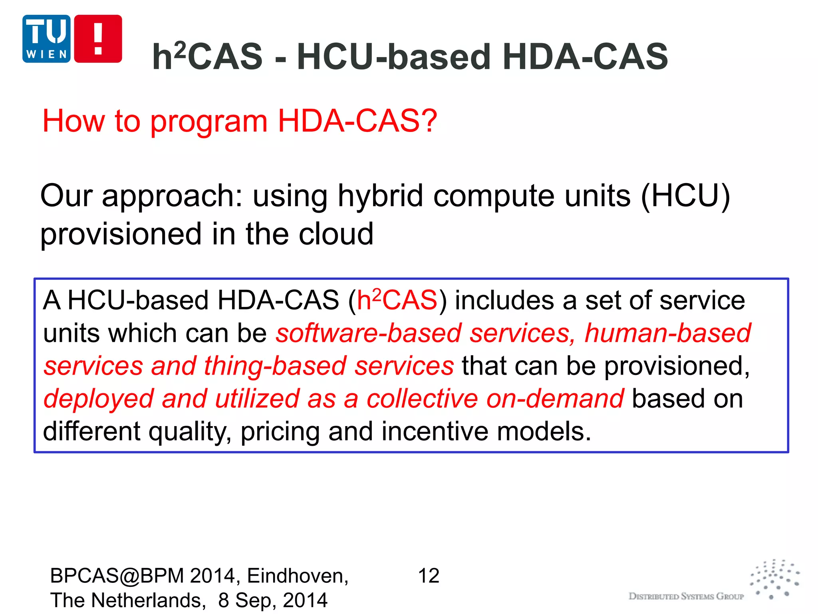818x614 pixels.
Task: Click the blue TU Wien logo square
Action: point(46,39)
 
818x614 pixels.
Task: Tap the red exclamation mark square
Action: point(98,39)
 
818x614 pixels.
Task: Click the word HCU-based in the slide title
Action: point(393,56)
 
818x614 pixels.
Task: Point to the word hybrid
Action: point(380,195)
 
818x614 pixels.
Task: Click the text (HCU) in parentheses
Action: point(685,195)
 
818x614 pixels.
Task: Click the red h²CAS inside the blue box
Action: point(397,300)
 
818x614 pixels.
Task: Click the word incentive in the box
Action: point(435,431)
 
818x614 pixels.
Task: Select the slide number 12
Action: point(429,576)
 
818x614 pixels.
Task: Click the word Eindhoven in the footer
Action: point(298,576)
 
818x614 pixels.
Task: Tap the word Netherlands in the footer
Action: point(148,600)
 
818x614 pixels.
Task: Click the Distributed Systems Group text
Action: point(686,596)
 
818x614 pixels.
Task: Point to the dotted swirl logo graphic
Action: point(775,579)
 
